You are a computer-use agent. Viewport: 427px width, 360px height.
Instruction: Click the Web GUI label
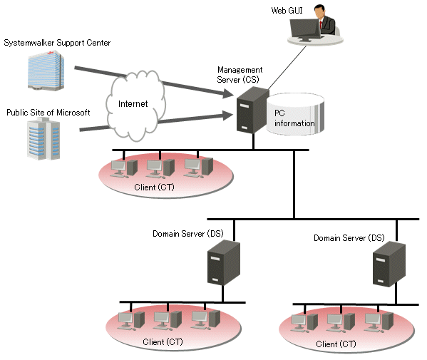pyautogui.click(x=287, y=11)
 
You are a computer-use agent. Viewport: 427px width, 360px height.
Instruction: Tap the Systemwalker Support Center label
pyautogui.click(x=57, y=43)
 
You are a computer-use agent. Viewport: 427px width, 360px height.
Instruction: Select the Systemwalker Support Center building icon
pyautogui.click(x=46, y=71)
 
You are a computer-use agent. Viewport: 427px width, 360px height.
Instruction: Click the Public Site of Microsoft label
pyautogui.click(x=48, y=113)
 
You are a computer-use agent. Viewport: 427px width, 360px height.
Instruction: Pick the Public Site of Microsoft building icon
pyautogui.click(x=43, y=139)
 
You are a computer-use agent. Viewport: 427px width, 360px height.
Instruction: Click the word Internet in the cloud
pyautogui.click(x=133, y=104)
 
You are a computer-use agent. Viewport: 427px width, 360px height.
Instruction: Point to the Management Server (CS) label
pyautogui.click(x=240, y=75)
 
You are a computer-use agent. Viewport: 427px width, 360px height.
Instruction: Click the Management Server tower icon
pyautogui.click(x=252, y=110)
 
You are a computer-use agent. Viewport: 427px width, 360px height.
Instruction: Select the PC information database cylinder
pyautogui.click(x=295, y=114)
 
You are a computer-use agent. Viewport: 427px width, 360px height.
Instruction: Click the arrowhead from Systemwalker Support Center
pyautogui.click(x=228, y=94)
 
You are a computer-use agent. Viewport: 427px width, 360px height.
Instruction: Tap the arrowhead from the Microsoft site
pyautogui.click(x=227, y=115)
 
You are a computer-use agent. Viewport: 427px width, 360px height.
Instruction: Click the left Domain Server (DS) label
pyautogui.click(x=188, y=234)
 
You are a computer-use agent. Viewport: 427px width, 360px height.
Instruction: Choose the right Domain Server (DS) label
pyautogui.click(x=349, y=238)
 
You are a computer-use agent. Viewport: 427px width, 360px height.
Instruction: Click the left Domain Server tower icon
pyautogui.click(x=224, y=263)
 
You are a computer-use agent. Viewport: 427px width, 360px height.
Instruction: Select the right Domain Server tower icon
pyautogui.click(x=389, y=264)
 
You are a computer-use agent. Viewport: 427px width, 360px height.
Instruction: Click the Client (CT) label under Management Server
pyautogui.click(x=154, y=187)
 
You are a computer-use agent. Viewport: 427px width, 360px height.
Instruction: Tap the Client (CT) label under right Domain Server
pyautogui.click(x=336, y=344)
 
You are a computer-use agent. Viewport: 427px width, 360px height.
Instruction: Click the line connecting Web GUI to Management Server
pyautogui.click(x=287, y=68)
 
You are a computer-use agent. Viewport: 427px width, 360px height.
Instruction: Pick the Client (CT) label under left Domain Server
pyautogui.click(x=163, y=342)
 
